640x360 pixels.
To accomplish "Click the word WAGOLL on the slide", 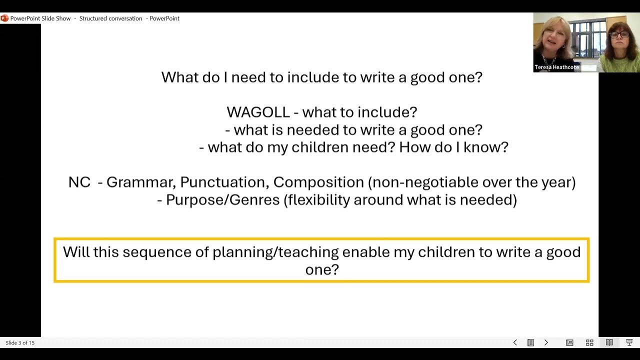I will pos(258,112).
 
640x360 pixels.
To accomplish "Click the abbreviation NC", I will pos(79,182).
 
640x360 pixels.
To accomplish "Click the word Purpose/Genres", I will pos(222,200).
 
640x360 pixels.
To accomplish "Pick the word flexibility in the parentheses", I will pos(318,200).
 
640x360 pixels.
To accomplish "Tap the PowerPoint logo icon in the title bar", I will pos(4,18).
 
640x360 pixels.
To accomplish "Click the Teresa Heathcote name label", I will pos(556,67).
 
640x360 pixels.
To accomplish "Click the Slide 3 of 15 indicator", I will pos(20,343).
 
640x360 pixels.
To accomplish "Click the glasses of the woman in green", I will pos(619,35).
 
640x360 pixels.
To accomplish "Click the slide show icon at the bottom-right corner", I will pos(629,342).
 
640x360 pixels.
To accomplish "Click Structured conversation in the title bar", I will pos(110,18).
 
